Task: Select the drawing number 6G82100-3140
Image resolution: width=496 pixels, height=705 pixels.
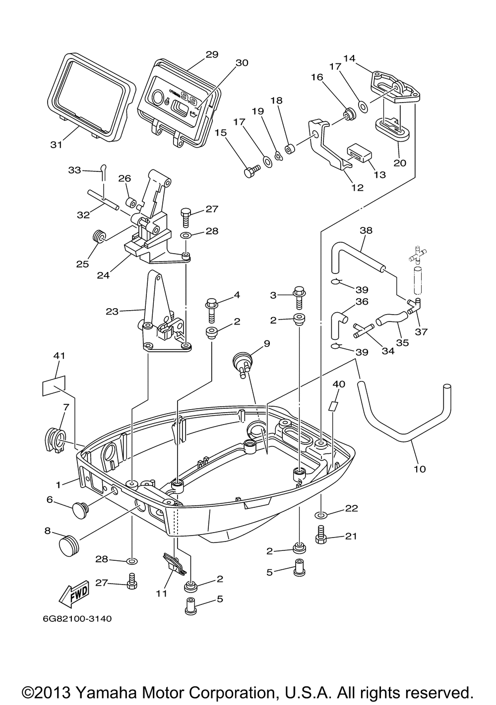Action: (x=77, y=618)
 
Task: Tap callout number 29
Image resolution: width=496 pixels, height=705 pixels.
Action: (x=212, y=54)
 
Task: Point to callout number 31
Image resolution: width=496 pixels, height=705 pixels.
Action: (x=57, y=145)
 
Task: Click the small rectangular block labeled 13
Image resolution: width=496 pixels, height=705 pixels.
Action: (x=359, y=153)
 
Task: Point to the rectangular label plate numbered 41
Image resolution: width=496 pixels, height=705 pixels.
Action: (x=54, y=385)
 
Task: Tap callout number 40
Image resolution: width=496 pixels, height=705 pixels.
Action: (x=339, y=384)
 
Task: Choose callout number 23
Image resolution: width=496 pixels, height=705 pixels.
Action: (x=112, y=312)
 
